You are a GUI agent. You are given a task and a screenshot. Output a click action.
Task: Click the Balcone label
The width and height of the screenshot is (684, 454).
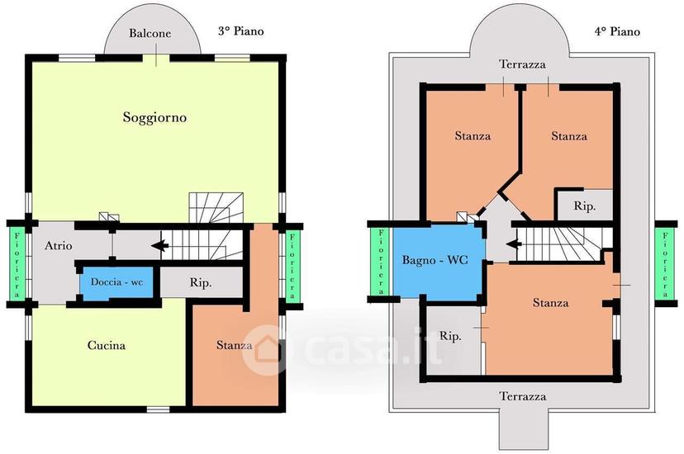(150, 34)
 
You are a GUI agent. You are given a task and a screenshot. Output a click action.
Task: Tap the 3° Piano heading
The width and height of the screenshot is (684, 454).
(240, 31)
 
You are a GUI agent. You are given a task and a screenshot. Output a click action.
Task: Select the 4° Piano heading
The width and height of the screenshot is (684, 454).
(617, 31)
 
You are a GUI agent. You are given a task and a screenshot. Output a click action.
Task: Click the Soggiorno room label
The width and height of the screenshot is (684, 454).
(154, 118)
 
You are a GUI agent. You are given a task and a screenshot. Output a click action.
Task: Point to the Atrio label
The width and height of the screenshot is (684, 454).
(59, 246)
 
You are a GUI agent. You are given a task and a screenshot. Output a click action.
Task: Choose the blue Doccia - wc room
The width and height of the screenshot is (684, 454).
(116, 282)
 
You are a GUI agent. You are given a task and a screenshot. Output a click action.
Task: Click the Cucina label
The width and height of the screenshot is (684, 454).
(107, 346)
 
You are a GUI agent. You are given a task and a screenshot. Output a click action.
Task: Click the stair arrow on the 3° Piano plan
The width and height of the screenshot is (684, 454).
(159, 246)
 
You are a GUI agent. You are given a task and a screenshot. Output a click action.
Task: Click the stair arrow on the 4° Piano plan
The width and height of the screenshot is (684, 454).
(515, 244)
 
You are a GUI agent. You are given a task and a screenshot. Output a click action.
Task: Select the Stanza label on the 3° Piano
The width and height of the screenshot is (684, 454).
(235, 346)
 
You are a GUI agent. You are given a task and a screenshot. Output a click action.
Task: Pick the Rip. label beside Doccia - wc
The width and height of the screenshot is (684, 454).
(201, 283)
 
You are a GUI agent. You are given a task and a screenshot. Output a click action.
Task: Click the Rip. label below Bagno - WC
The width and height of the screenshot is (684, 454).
(450, 336)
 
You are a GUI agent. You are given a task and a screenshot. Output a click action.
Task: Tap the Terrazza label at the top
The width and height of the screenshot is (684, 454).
(523, 64)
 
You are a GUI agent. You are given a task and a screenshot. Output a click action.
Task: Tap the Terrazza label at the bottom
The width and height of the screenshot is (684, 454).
(523, 396)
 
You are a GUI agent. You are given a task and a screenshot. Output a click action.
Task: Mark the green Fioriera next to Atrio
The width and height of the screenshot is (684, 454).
(17, 265)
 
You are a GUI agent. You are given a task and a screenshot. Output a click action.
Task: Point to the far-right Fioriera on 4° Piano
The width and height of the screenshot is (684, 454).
(665, 264)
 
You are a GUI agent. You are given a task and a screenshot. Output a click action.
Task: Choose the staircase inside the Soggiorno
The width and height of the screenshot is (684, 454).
(216, 208)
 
